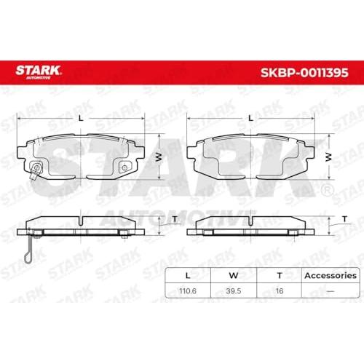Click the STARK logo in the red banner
(x=38, y=72)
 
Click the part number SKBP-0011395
(x=304, y=73)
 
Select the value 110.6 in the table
(x=188, y=290)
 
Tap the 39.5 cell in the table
(x=234, y=290)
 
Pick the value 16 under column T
(x=280, y=290)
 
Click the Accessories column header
(x=331, y=276)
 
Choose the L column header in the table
(x=188, y=276)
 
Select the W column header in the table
(x=234, y=276)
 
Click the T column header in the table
(x=280, y=276)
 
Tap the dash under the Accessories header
(x=331, y=291)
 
